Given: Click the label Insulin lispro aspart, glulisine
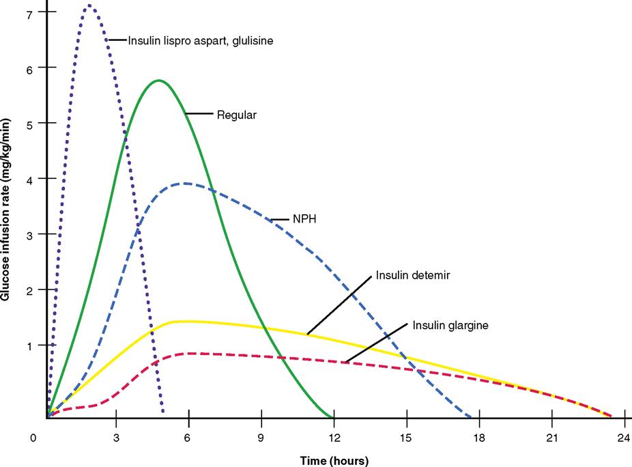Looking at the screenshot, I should (201, 41).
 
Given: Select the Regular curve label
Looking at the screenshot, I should (236, 115).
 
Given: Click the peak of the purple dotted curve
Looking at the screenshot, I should (89, 6).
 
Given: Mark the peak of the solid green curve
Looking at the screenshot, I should (158, 81).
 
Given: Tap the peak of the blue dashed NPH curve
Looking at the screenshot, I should (183, 183).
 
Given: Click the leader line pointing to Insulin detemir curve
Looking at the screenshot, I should (339, 305).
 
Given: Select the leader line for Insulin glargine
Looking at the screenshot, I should (377, 342).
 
